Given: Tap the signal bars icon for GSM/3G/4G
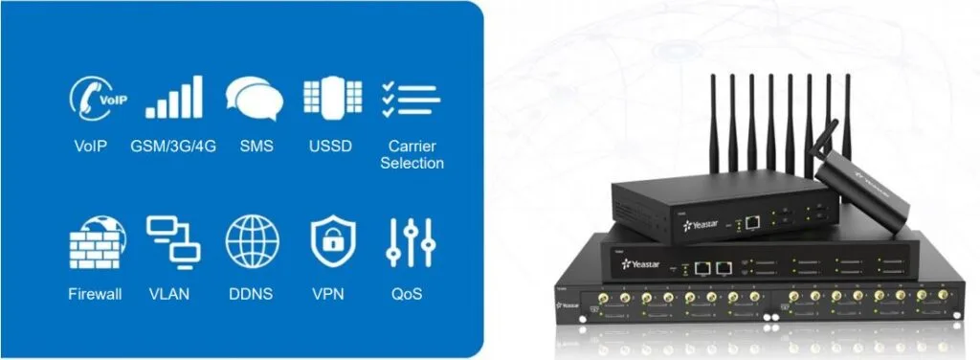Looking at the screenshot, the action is click(x=173, y=97).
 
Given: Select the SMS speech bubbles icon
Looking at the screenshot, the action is click(x=254, y=98).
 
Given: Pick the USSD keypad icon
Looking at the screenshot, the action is click(x=332, y=98).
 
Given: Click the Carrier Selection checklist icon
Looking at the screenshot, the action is click(x=411, y=99).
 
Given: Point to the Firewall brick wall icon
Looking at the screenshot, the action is click(x=96, y=241).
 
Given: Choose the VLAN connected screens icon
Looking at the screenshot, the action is click(x=173, y=241).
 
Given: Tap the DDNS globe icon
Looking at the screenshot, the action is click(x=253, y=241).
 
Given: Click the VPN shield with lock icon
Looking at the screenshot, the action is click(x=332, y=241).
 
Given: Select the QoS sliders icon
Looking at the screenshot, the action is click(x=412, y=241).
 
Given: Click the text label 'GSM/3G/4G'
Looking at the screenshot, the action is click(x=173, y=146).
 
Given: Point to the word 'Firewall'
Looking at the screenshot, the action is click(x=96, y=293).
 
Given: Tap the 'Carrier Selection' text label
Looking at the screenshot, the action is click(x=412, y=155).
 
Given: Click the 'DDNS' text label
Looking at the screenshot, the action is click(x=253, y=293).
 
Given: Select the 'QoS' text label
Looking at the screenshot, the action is click(x=412, y=293).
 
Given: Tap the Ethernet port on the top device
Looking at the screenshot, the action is click(x=753, y=222).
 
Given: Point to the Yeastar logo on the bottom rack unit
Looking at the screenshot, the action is click(x=568, y=305).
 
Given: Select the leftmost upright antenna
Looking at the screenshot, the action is click(x=712, y=124).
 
